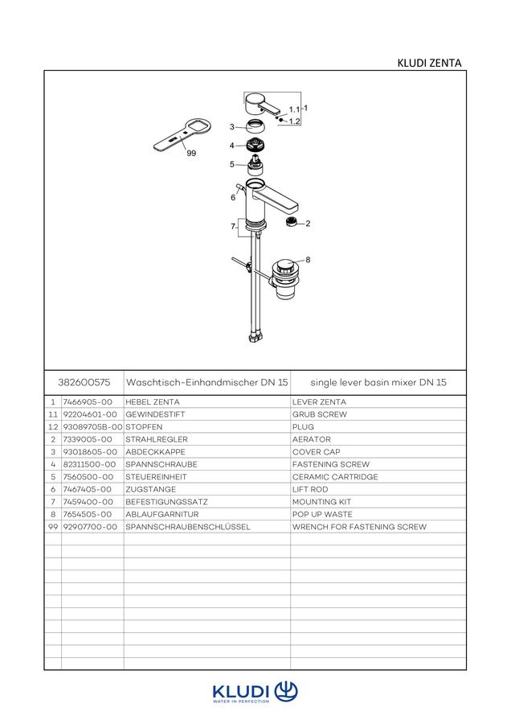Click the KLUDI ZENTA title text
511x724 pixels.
click(429, 63)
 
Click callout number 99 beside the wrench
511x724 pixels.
click(191, 154)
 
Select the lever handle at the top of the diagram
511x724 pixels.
click(263, 105)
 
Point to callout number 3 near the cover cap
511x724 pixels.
click(232, 126)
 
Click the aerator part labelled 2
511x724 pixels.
click(292, 222)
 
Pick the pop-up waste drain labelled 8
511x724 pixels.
click(285, 279)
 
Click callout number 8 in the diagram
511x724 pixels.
click(308, 260)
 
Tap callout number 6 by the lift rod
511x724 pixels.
click(233, 198)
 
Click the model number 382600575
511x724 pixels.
click(84, 382)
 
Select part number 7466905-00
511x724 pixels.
click(88, 402)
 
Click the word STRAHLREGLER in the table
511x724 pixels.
click(157, 439)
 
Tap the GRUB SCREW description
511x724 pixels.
click(319, 414)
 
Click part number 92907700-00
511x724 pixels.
click(90, 527)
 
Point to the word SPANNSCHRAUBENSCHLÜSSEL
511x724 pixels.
click(188, 527)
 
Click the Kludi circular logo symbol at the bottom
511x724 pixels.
click(286, 691)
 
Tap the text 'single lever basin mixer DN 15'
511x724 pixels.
click(378, 382)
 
